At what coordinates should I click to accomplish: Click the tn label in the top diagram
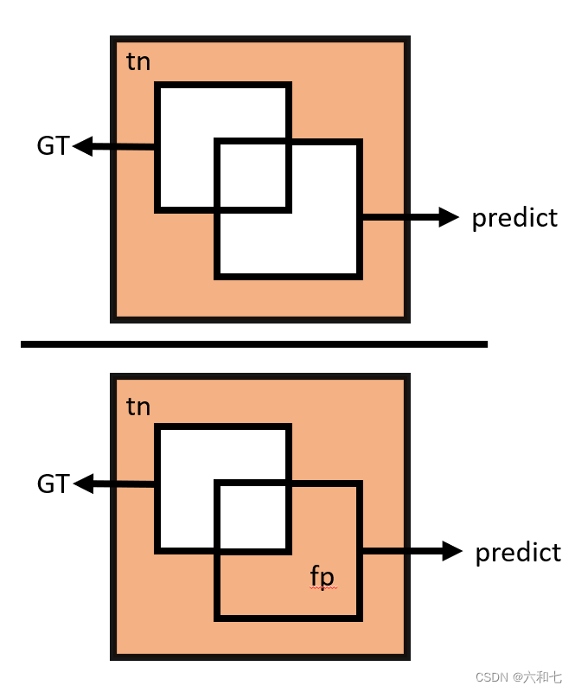coord(138,63)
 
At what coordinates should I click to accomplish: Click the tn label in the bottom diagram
coord(138,406)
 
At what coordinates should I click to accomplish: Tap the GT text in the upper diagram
coord(53,146)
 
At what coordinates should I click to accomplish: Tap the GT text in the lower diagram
coord(53,484)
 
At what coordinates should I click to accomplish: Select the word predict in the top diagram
coord(514,218)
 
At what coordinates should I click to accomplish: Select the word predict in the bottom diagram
coord(518,553)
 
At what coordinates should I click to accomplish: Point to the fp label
coord(322,575)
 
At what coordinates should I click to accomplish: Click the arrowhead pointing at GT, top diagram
coord(83,146)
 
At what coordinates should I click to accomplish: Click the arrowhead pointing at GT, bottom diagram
coord(83,484)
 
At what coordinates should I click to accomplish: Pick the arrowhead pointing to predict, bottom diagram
coord(452,550)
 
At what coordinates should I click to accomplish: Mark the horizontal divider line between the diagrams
coord(254,344)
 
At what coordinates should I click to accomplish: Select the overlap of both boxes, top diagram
coord(252,176)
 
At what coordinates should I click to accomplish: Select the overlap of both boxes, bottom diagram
coord(252,516)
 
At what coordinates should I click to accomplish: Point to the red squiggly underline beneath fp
coord(322,588)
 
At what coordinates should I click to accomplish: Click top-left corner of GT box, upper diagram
coord(157,85)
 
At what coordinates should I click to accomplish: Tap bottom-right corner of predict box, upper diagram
coord(360,276)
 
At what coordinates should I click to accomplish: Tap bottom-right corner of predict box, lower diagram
coord(360,618)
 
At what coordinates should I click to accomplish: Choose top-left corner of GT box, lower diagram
coord(157,426)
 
